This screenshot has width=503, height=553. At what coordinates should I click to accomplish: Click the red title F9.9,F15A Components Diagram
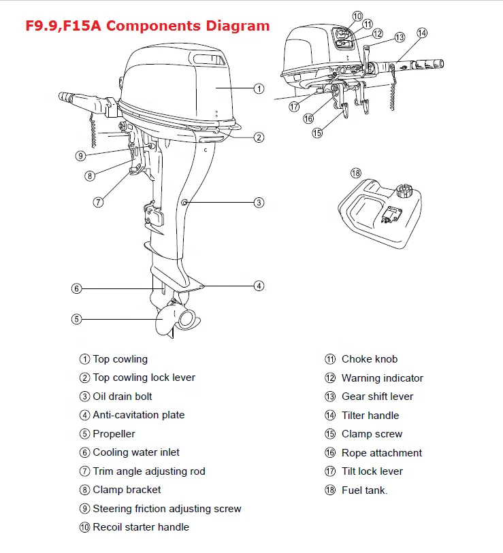point(147,26)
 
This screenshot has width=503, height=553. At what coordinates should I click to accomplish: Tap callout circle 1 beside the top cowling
point(259,88)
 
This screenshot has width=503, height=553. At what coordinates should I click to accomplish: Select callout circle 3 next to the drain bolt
point(259,202)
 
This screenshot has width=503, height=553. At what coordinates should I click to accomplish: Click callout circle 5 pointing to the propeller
point(77,318)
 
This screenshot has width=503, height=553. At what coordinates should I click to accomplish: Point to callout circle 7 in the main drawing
point(98,202)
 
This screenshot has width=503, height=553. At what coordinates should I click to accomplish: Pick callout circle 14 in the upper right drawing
point(422,33)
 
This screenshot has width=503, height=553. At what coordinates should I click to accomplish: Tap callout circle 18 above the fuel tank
point(355,173)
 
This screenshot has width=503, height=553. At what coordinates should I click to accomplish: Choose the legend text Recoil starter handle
point(141,527)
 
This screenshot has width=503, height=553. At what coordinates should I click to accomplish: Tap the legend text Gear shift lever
point(377,397)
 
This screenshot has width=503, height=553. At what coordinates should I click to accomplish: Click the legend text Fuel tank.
point(364,490)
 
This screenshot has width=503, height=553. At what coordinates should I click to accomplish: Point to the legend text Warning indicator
point(382,378)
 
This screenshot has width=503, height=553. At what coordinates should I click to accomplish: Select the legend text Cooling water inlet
point(136,452)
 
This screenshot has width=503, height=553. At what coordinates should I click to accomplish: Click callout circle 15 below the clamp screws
point(317,133)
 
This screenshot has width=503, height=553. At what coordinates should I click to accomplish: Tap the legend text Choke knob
point(369,359)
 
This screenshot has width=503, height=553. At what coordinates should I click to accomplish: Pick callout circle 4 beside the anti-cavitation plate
point(259,286)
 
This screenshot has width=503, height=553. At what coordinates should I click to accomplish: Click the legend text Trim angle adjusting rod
point(148,471)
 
